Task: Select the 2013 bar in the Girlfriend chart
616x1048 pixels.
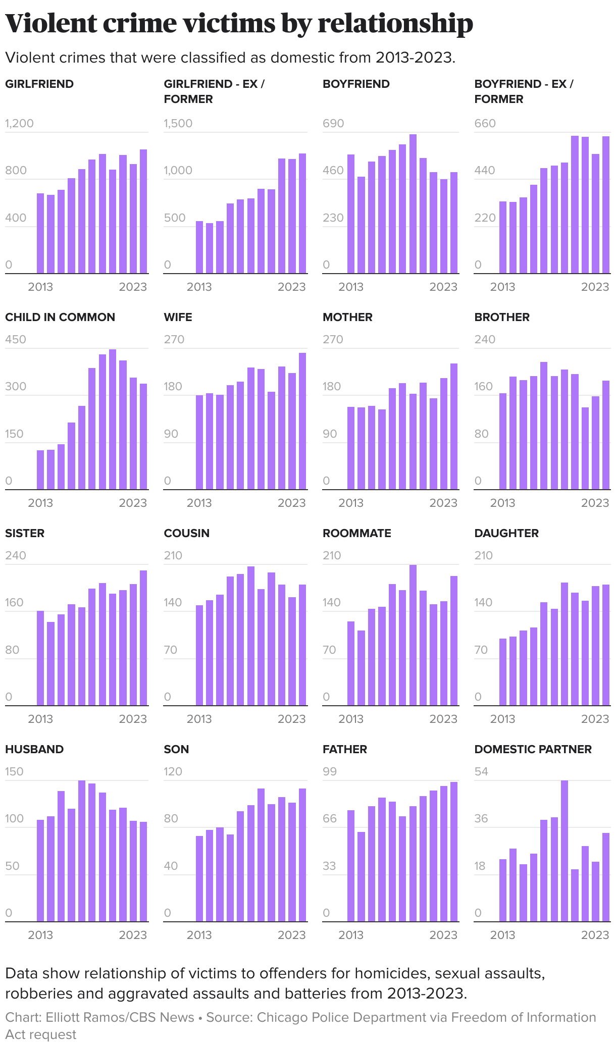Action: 40,233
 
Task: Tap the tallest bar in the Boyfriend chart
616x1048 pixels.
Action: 413,204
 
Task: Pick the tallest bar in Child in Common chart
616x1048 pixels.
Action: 113,419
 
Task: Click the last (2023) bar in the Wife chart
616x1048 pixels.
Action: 302,421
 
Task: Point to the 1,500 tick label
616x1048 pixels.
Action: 178,124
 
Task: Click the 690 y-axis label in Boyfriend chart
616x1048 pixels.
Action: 333,124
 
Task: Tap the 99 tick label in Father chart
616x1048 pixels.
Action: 330,771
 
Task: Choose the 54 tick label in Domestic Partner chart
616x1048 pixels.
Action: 481,771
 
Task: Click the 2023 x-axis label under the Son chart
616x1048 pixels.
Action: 291,935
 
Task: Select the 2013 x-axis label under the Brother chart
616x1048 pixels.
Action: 502,503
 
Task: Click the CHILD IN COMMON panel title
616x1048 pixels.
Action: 60,317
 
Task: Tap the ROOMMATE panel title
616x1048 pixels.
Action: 356,533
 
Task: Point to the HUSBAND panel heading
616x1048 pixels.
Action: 34,749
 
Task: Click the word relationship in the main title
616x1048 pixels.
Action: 395,24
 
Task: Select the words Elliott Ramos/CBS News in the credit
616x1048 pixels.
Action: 120,1017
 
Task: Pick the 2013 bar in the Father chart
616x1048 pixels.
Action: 351,866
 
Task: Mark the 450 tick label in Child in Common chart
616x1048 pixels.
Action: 16,339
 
